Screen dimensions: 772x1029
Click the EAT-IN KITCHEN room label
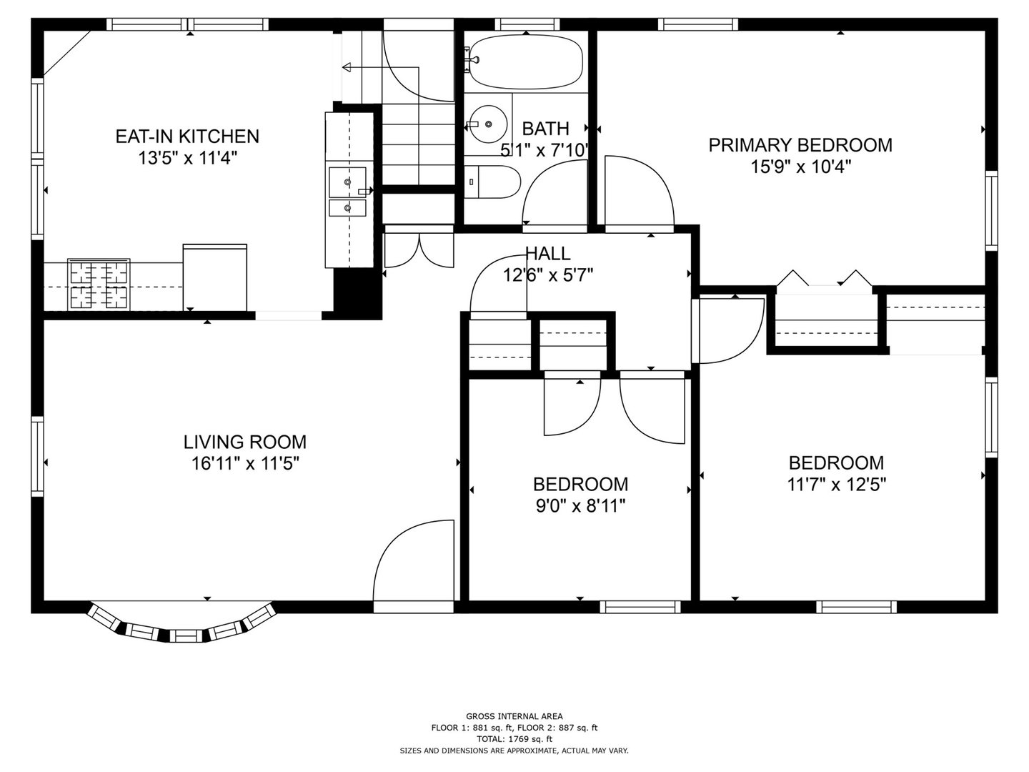pyautogui.click(x=187, y=136)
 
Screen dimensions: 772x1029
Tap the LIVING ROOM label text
pyautogui.click(x=244, y=442)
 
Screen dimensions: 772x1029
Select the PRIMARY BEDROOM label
pyautogui.click(x=800, y=145)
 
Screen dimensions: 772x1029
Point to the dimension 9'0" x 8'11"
pyautogui.click(x=580, y=507)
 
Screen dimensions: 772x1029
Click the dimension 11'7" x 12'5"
pyautogui.click(x=836, y=485)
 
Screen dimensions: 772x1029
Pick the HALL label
pyautogui.click(x=548, y=253)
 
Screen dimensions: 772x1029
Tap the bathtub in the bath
pyautogui.click(x=525, y=61)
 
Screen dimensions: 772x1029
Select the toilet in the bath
pyautogui.click(x=492, y=182)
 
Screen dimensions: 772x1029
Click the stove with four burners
pyautogui.click(x=99, y=284)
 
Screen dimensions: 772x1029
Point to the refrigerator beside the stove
pyautogui.click(x=215, y=277)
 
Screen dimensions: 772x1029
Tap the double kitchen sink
pyautogui.click(x=347, y=193)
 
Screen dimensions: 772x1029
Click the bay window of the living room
pyautogui.click(x=182, y=626)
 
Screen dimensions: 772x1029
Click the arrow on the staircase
pyautogui.click(x=348, y=68)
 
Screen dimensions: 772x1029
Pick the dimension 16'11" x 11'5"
pyautogui.click(x=244, y=464)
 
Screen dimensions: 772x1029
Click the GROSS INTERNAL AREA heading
pyautogui.click(x=514, y=716)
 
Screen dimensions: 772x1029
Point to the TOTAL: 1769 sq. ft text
pyautogui.click(x=514, y=739)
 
